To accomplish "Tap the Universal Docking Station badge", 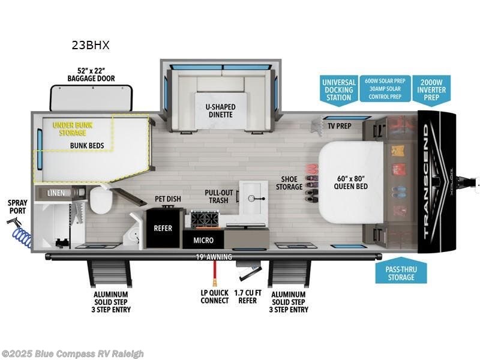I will click(x=339, y=90).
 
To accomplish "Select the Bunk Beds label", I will click(x=87, y=145).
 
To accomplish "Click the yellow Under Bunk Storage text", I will click(x=73, y=129).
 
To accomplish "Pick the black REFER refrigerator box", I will click(x=163, y=228).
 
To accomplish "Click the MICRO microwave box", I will click(x=203, y=240).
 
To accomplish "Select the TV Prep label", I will click(x=339, y=126).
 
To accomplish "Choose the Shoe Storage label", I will click(x=289, y=182).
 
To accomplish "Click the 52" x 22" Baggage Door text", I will click(x=91, y=74).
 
